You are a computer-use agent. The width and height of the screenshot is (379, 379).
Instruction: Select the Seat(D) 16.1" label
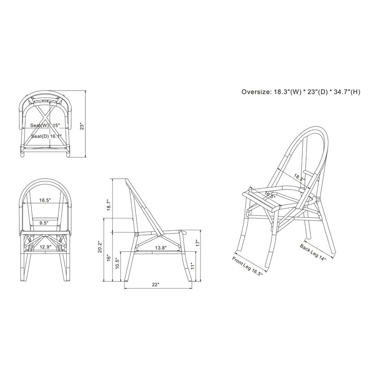[46, 136]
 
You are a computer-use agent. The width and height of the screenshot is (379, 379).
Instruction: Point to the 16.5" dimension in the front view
[45, 200]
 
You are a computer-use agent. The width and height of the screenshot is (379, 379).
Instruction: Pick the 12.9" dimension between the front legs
[45, 247]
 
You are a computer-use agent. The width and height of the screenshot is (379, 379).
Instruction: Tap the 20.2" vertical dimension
[99, 247]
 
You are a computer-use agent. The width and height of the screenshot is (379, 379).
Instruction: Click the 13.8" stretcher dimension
[161, 248]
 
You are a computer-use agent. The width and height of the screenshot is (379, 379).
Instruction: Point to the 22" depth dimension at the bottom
[155, 284]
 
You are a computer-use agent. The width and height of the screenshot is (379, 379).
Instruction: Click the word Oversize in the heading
[255, 92]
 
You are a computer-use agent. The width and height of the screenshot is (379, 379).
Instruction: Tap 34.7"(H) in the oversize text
[345, 92]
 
